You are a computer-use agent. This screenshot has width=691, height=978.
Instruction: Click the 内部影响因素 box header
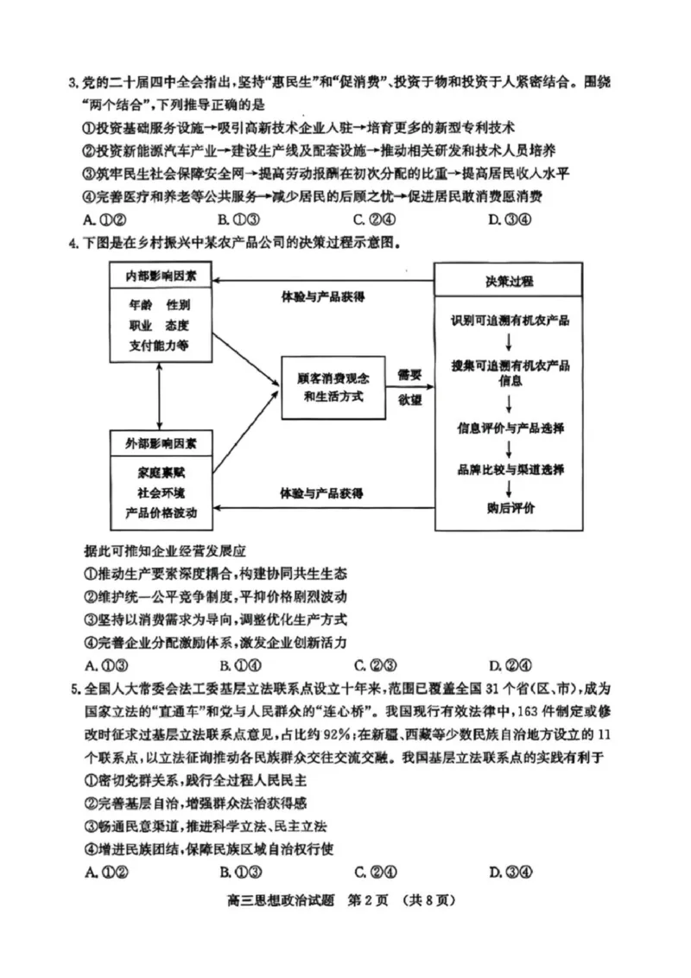tap(160, 276)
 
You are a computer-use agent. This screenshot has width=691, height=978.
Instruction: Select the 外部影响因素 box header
tap(160, 443)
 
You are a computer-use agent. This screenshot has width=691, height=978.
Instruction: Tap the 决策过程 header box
tap(509, 282)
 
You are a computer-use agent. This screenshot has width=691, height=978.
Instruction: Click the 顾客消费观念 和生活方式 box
tap(333, 387)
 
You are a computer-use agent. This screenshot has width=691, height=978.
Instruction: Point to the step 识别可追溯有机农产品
tap(509, 321)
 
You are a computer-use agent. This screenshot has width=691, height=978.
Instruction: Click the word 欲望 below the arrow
tap(409, 400)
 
